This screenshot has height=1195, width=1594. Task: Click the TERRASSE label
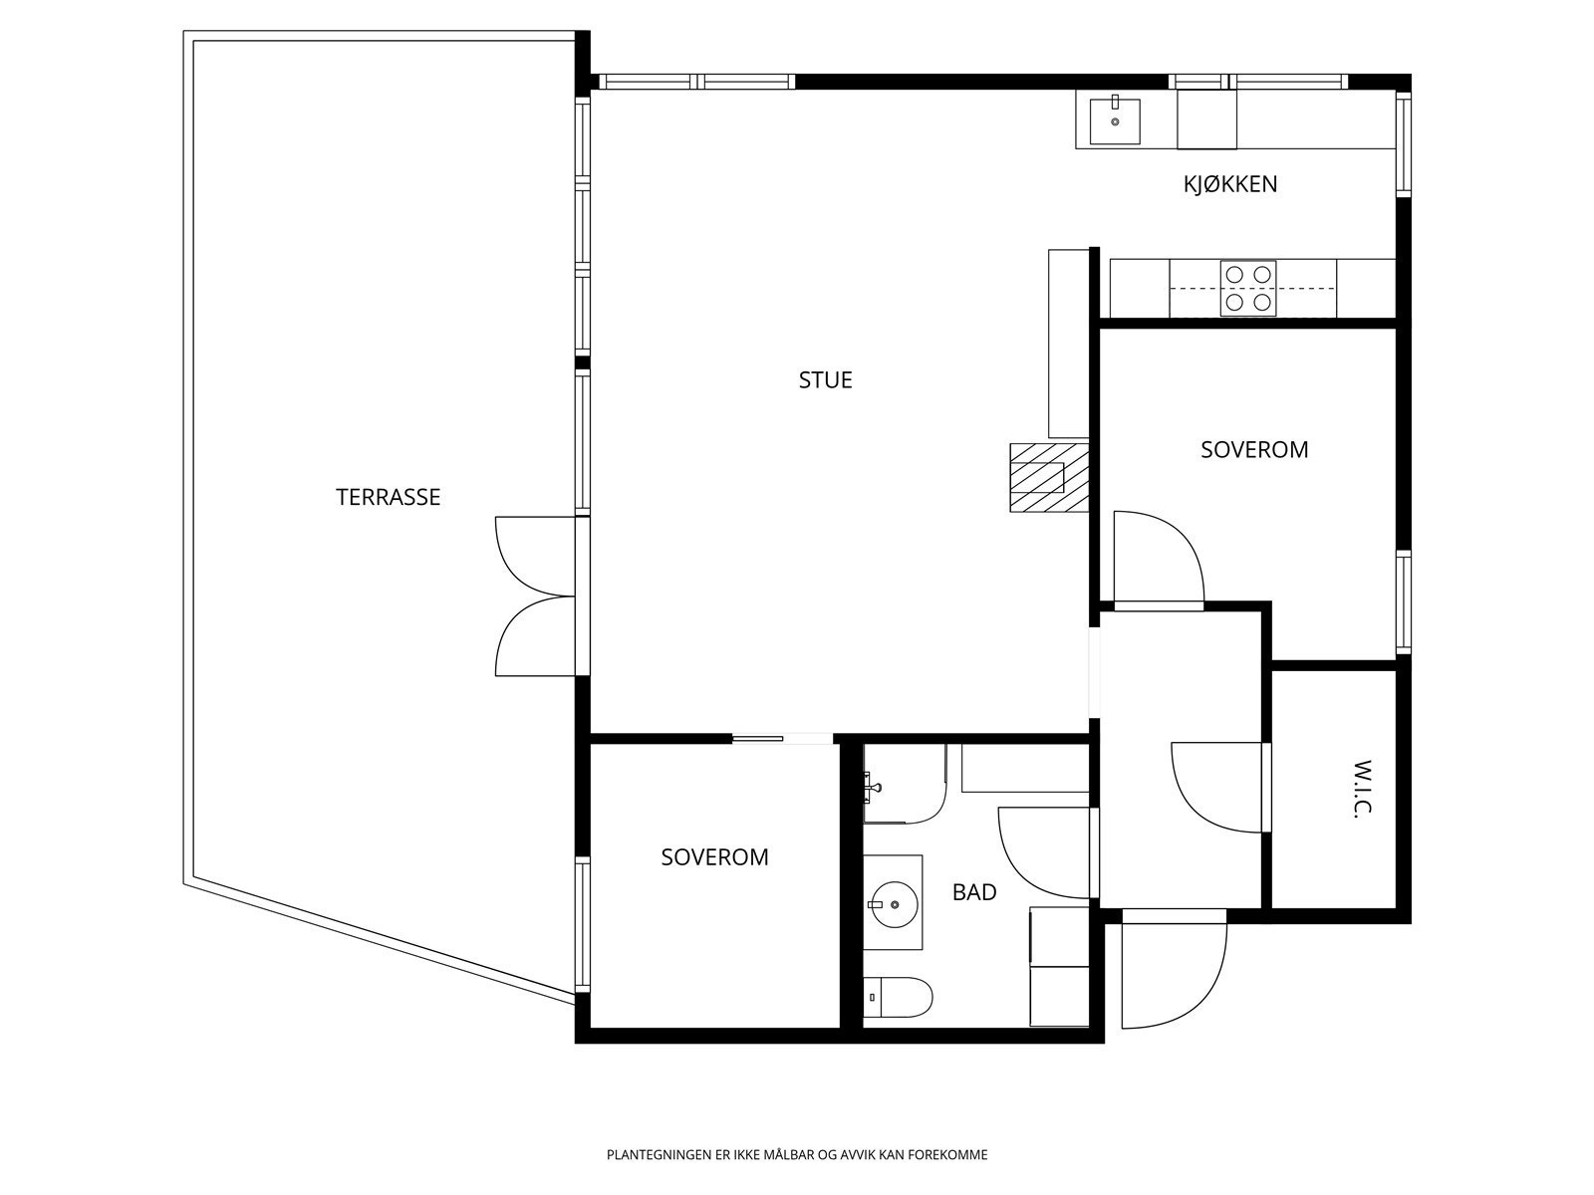[x=388, y=497]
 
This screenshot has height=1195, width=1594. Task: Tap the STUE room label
[x=825, y=380]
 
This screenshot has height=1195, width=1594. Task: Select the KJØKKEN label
[x=1230, y=184]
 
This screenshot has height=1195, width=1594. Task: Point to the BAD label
[x=973, y=892]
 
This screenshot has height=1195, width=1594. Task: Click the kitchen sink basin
[x=1115, y=121]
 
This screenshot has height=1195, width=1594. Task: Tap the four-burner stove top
[x=1248, y=288]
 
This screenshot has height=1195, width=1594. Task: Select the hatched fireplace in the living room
[x=1049, y=477]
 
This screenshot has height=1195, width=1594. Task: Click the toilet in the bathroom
[x=898, y=997]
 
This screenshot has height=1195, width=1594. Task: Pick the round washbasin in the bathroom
[x=894, y=904]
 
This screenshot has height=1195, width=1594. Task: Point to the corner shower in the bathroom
[x=905, y=784]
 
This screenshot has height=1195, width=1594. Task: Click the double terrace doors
[x=535, y=597]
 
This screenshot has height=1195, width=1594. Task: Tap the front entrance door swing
[x=1174, y=972]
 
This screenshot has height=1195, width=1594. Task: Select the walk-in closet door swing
[x=1217, y=788]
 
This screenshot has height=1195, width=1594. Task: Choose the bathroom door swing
[x=1044, y=853]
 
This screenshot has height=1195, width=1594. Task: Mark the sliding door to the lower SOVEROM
[x=757, y=739]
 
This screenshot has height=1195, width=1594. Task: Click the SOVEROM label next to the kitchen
[x=1254, y=450]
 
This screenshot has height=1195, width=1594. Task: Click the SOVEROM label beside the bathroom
[x=714, y=857]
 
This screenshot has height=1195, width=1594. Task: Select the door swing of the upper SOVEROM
[x=1159, y=557]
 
